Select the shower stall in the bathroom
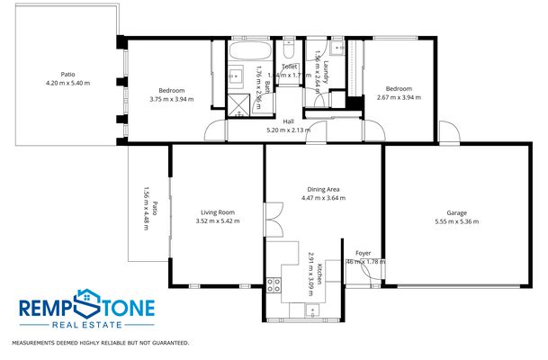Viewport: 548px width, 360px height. [x=239, y=106]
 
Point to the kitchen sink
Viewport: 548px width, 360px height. [x=312, y=311]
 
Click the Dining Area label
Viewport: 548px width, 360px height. [x=322, y=189]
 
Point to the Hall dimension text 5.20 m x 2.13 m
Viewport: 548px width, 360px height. [x=288, y=130]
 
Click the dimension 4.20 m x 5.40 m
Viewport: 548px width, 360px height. [x=63, y=83]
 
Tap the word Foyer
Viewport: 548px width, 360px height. [x=364, y=253]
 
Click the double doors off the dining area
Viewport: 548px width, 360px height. [x=274, y=218]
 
